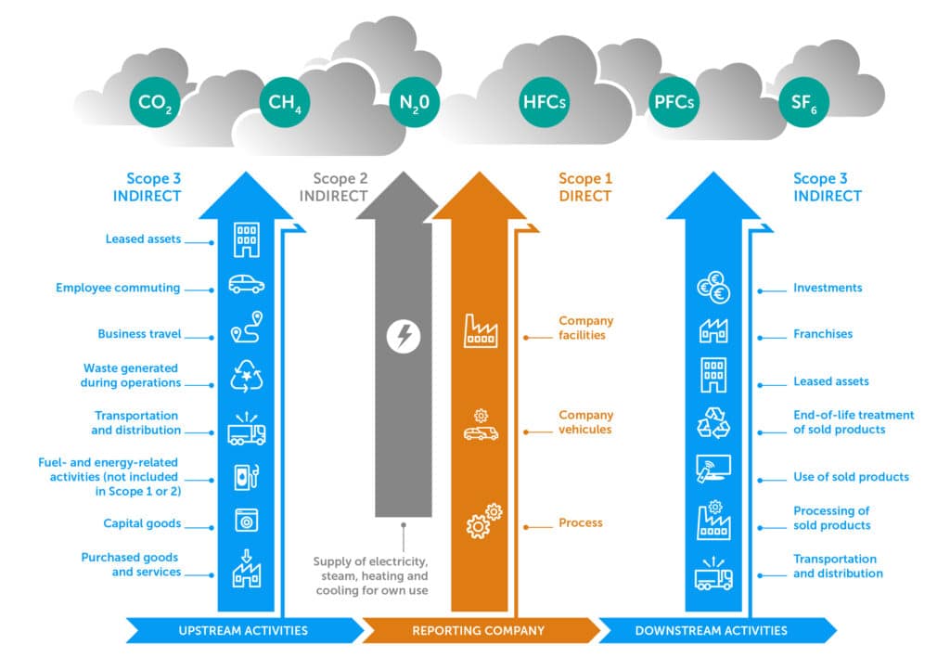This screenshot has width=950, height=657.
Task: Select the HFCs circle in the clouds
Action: tap(544, 102)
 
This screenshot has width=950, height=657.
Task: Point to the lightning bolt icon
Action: tap(403, 336)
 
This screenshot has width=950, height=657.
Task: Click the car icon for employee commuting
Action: tap(246, 286)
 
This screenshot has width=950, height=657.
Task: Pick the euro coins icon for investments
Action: tap(713, 289)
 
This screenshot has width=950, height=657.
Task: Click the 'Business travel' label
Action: tap(139, 334)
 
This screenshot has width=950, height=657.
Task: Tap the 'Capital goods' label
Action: tap(142, 523)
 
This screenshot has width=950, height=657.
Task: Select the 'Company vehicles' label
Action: tap(585, 422)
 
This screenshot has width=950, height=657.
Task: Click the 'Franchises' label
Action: tap(822, 334)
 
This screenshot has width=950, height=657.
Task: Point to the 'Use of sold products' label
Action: tap(851, 477)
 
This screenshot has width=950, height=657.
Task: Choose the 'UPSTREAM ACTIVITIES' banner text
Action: tap(242, 631)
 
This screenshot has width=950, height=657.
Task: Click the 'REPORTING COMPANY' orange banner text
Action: tap(478, 631)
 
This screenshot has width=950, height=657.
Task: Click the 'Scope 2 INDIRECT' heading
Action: tap(333, 187)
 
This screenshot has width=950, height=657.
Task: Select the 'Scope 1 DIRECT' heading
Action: tap(585, 187)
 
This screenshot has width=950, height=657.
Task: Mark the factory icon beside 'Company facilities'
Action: tap(481, 331)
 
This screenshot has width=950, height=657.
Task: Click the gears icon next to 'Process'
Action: tap(483, 522)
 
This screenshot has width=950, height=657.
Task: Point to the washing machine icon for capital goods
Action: tap(246, 522)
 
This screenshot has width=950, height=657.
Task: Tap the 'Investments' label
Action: tap(828, 288)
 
